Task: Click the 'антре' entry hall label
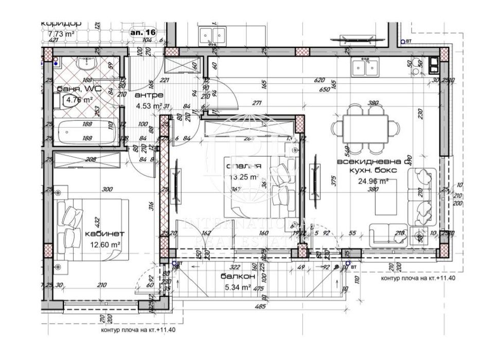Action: [149, 96]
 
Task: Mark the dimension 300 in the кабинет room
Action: [107, 189]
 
